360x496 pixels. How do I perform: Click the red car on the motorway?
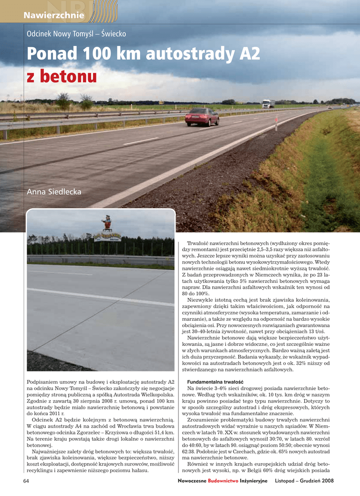[202, 117]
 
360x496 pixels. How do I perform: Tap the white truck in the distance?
[268, 103]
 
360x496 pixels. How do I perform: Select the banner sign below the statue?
[107, 237]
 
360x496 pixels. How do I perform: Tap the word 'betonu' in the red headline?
[69, 77]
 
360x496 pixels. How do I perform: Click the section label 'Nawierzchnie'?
[54, 16]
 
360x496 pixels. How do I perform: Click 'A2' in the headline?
[249, 54]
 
